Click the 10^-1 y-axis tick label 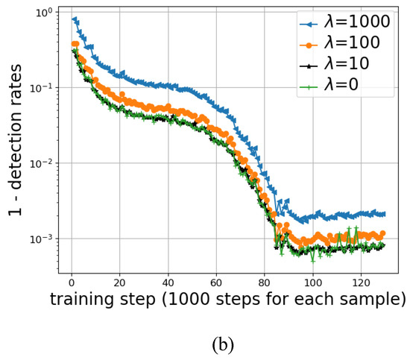[42, 88]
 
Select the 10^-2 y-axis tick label [42, 163]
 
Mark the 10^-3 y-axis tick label [42, 239]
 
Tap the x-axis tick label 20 [119, 283]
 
